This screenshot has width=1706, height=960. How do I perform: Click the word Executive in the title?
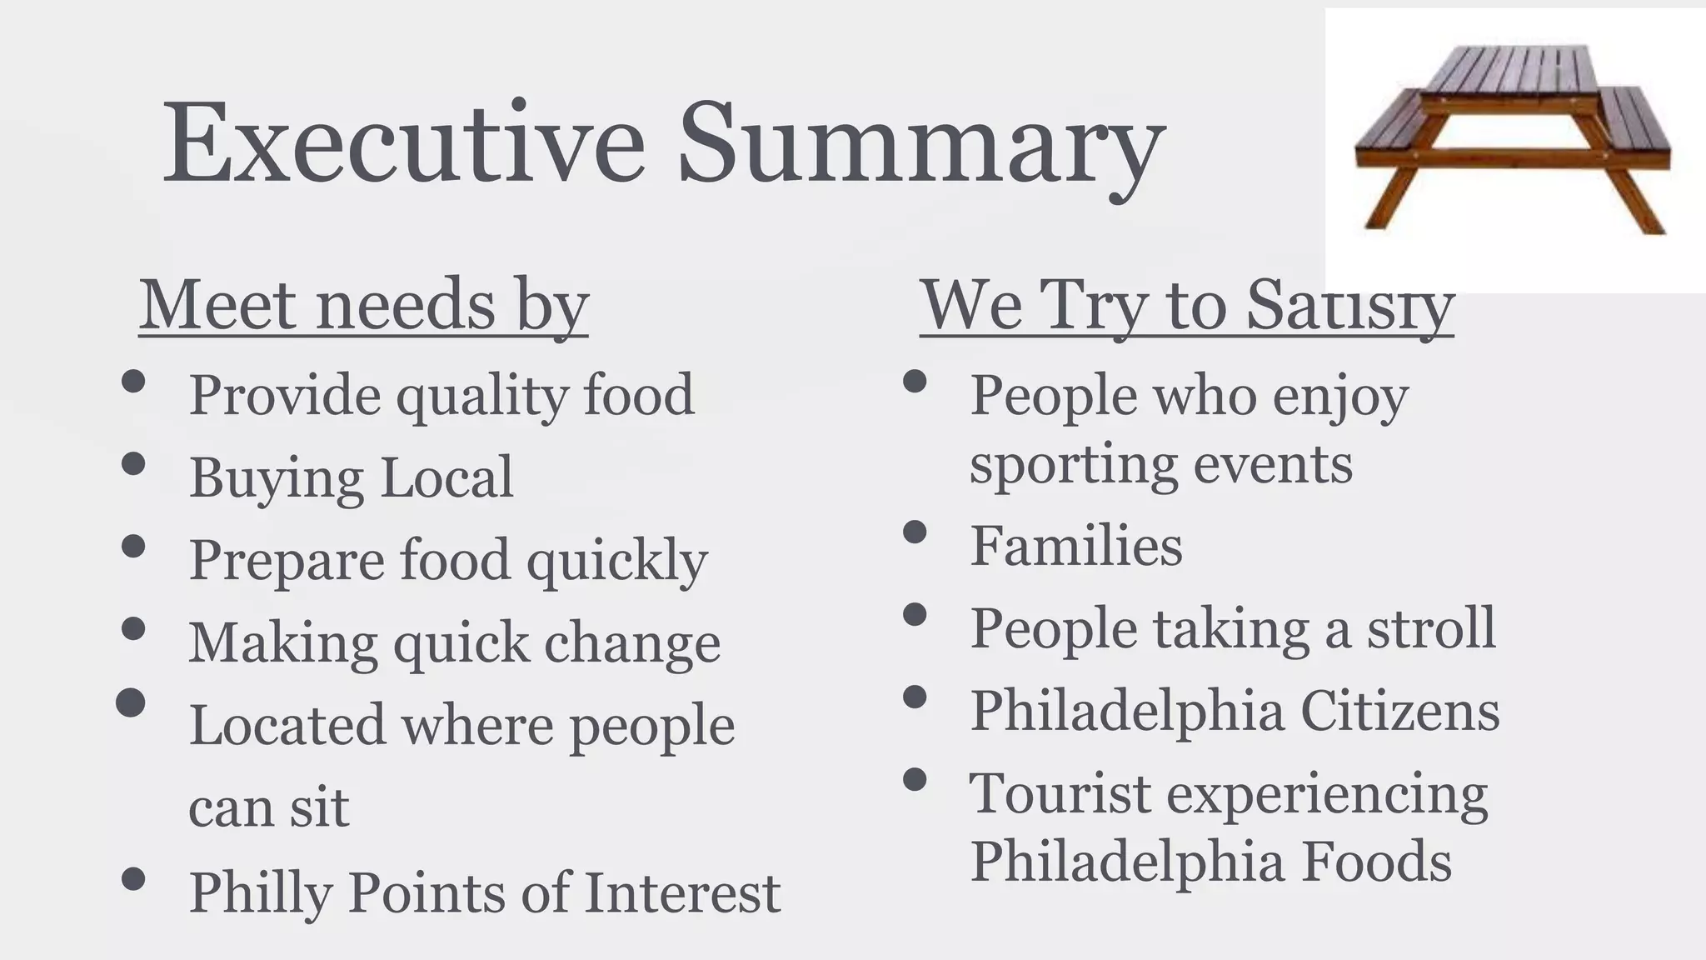click(x=403, y=142)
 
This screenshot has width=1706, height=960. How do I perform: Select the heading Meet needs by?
click(x=364, y=305)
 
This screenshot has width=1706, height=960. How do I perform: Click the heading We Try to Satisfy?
click(x=1186, y=305)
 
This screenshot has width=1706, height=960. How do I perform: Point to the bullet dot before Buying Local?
click(x=133, y=463)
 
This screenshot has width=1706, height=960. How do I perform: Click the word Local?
click(x=447, y=477)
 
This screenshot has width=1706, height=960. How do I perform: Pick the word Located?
click(x=287, y=725)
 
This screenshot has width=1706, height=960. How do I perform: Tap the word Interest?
click(x=682, y=892)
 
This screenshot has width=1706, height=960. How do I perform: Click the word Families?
click(x=1076, y=546)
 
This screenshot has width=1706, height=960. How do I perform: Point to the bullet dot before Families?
click(x=915, y=532)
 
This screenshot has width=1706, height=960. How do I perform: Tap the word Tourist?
click(x=1060, y=793)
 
